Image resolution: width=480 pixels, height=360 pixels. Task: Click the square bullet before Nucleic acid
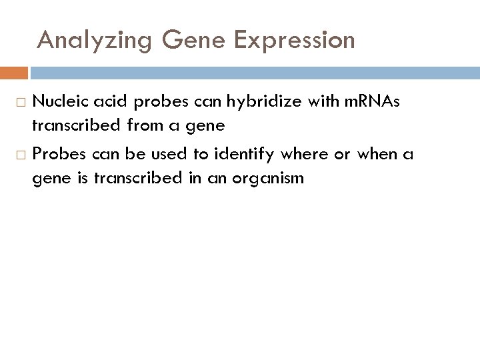tap(21, 102)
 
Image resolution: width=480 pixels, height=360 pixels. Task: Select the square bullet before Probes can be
tap(21, 155)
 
